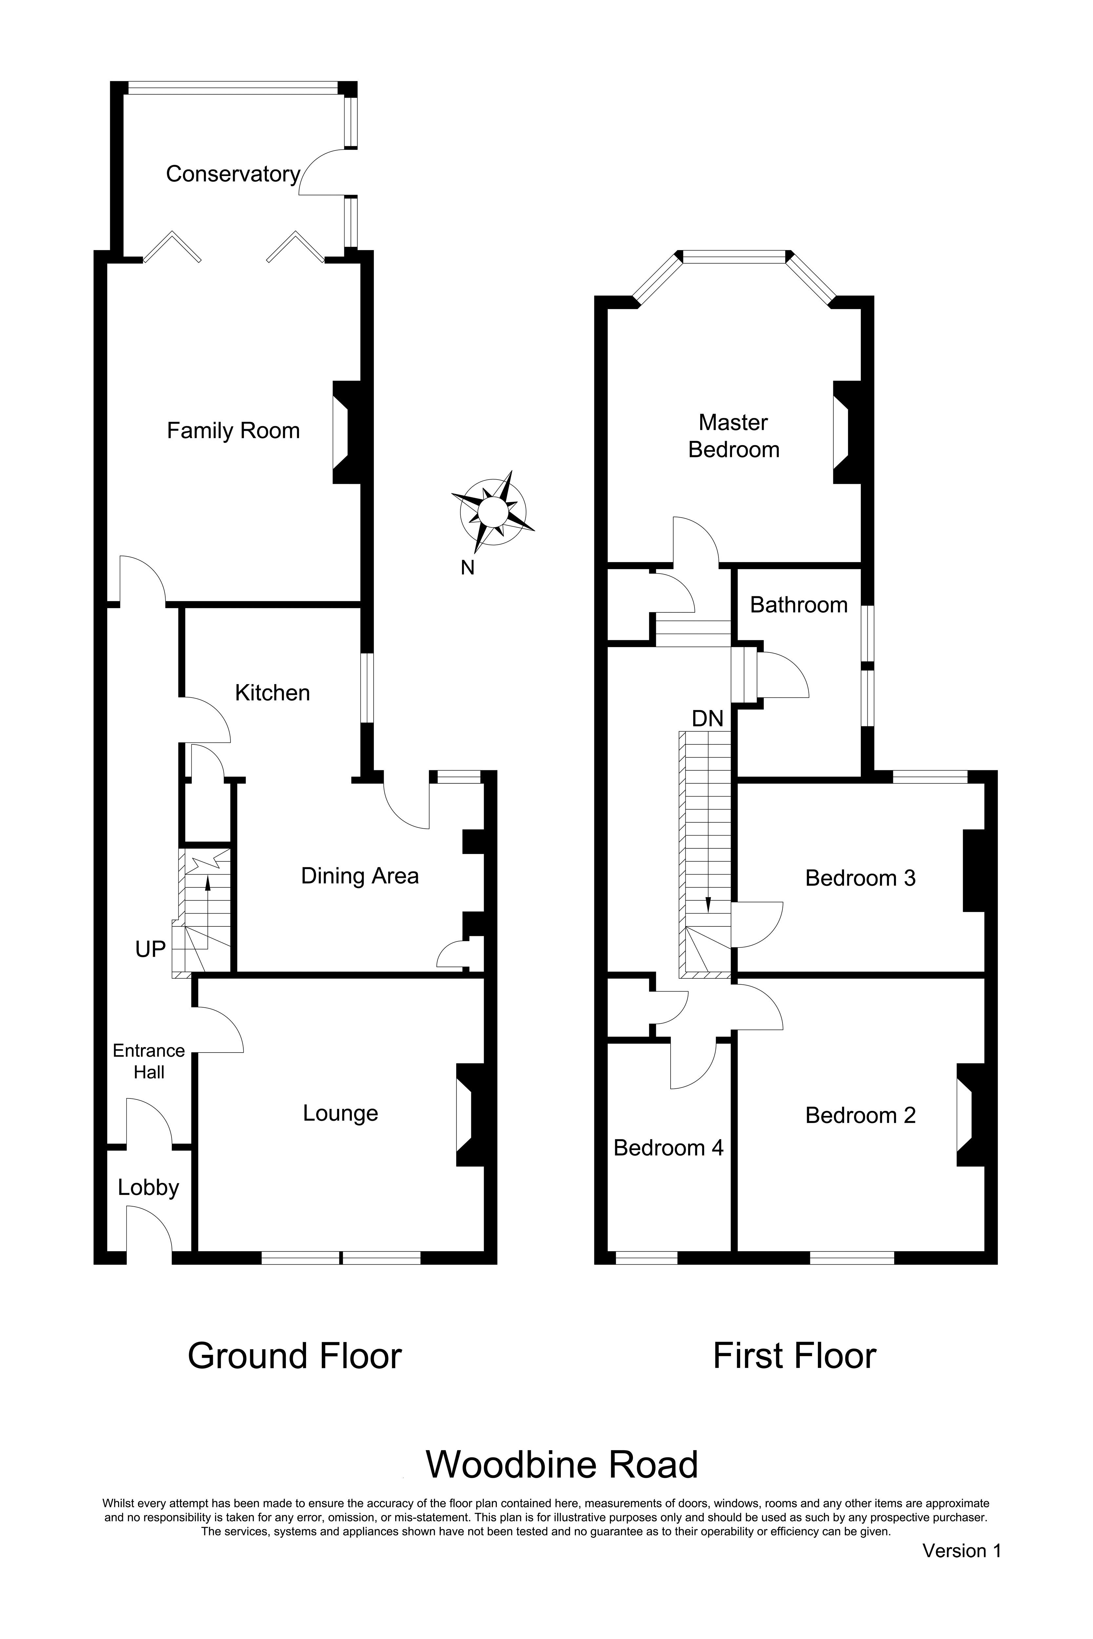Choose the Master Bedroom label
pos(733,436)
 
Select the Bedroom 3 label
pos(860,878)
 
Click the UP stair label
pos(150,949)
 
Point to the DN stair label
pos(708,719)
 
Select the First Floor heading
pos(794,1356)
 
